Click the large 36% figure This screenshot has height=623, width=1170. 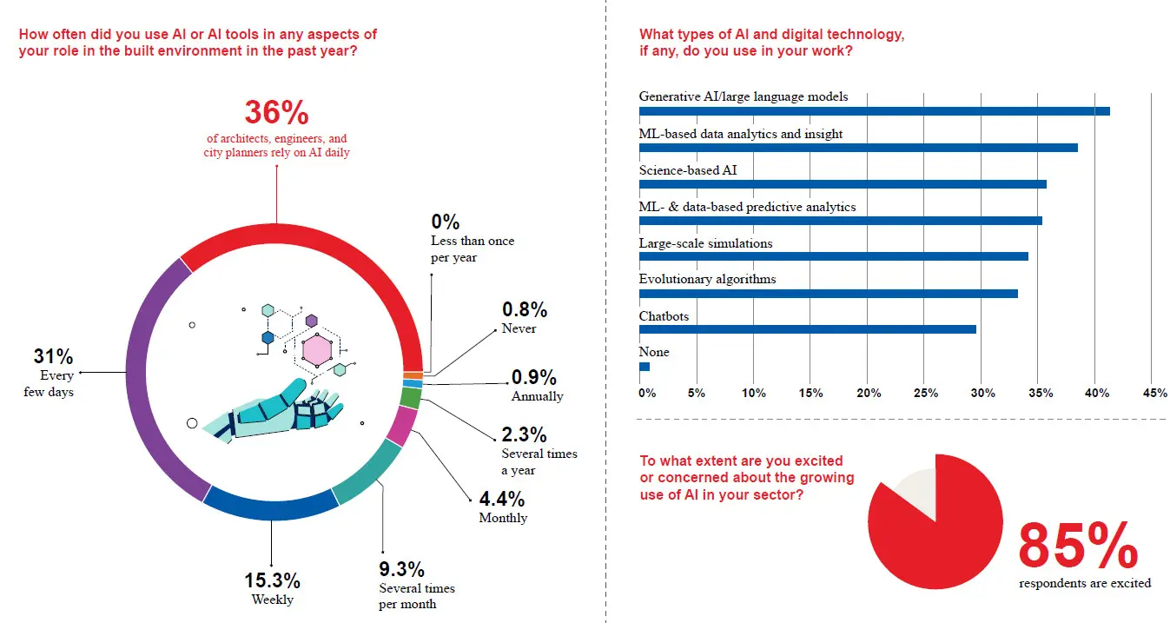[x=276, y=113]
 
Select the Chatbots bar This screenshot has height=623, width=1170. [x=808, y=329]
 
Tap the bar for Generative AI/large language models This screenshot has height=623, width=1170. [x=874, y=111]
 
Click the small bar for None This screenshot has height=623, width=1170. [x=644, y=367]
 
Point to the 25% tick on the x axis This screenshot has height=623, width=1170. [x=925, y=393]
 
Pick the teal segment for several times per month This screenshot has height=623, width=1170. [x=369, y=474]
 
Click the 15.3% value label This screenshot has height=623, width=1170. [x=272, y=580]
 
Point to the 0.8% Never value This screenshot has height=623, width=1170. [x=524, y=309]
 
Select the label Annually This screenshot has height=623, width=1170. [x=537, y=396]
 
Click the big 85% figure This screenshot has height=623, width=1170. [x=1077, y=546]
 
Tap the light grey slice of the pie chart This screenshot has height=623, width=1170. [x=917, y=491]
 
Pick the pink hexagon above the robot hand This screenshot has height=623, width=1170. [x=317, y=350]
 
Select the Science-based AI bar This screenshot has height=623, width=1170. [x=843, y=184]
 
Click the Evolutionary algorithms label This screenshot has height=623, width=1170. [x=707, y=279]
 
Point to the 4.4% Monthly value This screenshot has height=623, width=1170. [x=501, y=500]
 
